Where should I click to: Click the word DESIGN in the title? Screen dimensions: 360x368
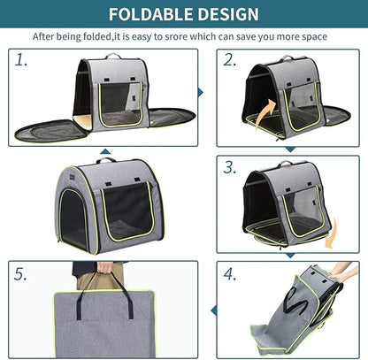[x=228, y=14]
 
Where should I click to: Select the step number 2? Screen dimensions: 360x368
[x=230, y=60]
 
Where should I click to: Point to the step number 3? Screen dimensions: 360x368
[x=230, y=166]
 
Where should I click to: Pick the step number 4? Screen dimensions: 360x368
[x=230, y=273]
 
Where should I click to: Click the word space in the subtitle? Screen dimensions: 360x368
[x=311, y=37]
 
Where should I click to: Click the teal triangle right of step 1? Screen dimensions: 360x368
[x=201, y=91]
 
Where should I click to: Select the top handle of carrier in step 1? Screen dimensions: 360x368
[x=112, y=57]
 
